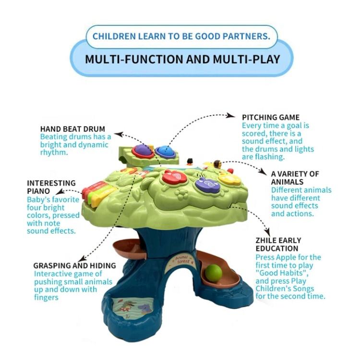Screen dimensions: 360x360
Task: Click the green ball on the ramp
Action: click(214, 273)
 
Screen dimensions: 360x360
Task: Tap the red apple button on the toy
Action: click(174, 178)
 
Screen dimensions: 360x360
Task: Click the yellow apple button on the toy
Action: click(229, 179)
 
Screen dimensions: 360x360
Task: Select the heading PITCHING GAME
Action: click(271, 117)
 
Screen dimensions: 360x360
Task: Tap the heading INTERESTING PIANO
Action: click(51, 187)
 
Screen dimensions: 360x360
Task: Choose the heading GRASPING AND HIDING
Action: click(74, 265)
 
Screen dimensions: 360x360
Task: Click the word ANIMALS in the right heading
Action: click(288, 182)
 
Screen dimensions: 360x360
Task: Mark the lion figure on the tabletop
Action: click(217, 165)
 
